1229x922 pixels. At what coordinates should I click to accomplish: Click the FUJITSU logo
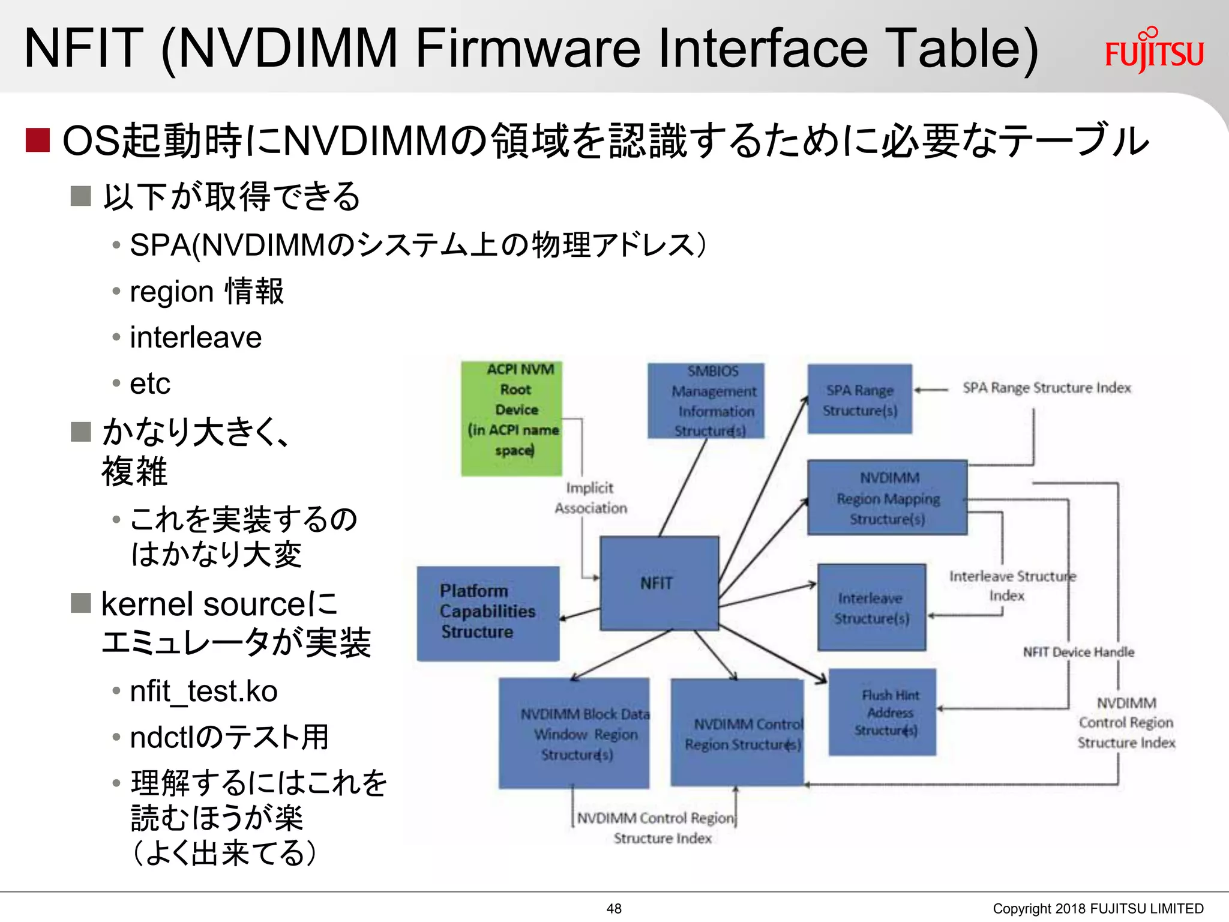tap(1154, 52)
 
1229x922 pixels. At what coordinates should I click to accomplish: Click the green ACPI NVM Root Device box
tap(512, 418)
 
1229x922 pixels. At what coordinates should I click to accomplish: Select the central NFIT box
tap(659, 583)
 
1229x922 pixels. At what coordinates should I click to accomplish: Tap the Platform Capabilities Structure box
tap(488, 613)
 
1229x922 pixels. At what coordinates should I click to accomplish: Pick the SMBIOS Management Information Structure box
tap(706, 400)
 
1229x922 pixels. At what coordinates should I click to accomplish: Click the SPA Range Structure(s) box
tap(859, 399)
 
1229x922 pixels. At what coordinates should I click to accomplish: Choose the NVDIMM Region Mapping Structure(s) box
tap(887, 498)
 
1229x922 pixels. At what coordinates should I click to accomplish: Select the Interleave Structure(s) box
tap(871, 607)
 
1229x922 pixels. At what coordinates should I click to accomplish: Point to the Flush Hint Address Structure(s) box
tap(882, 712)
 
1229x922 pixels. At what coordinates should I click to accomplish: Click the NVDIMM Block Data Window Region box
tap(574, 733)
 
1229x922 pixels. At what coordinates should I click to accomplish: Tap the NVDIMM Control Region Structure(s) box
tap(737, 733)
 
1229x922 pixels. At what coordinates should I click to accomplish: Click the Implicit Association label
tap(590, 498)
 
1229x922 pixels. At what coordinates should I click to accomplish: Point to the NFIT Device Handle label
tap(1078, 652)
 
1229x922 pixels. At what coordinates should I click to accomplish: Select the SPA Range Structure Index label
tap(1047, 388)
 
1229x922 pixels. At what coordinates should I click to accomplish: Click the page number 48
tap(614, 909)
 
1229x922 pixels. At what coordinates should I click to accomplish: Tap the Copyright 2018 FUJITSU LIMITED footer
tap(1098, 909)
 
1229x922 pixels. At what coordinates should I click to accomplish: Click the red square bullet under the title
tap(37, 140)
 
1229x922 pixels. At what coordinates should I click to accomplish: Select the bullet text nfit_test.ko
tap(203, 691)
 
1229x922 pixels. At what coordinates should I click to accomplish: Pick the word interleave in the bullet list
tap(196, 337)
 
